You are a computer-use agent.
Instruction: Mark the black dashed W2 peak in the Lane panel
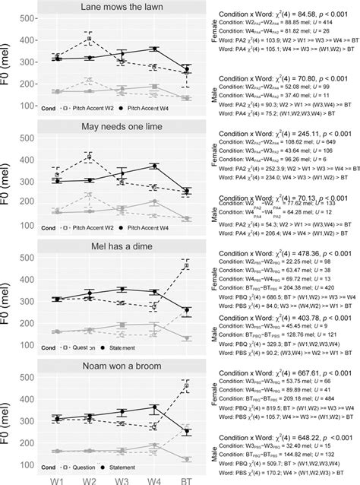tap(90, 37)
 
